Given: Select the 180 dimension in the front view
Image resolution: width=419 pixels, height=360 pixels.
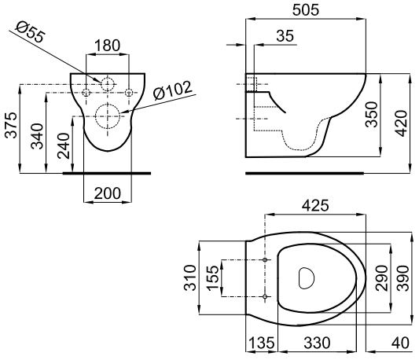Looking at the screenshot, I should pyautogui.click(x=108, y=46).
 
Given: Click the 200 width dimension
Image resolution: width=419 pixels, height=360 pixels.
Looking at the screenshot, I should pyautogui.click(x=107, y=193).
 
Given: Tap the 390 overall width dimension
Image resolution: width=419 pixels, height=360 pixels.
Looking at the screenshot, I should pyautogui.click(x=404, y=277).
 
